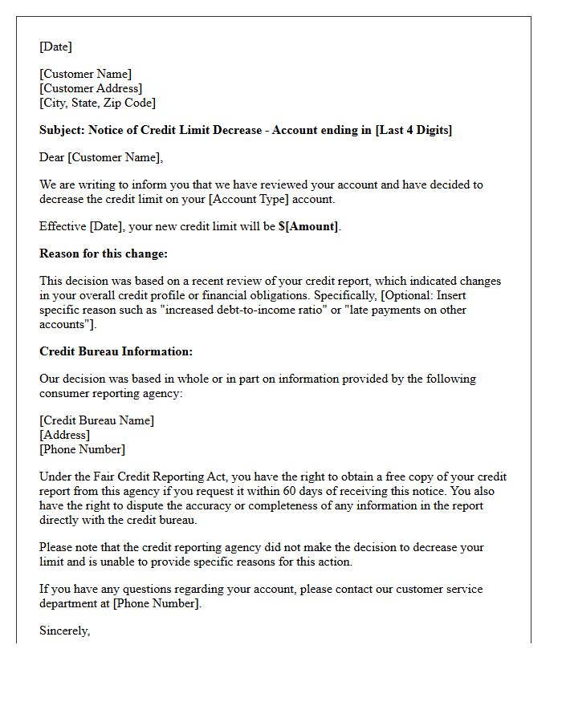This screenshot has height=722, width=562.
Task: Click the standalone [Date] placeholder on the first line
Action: pos(55,47)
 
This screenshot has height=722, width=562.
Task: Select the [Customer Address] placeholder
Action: pos(91,88)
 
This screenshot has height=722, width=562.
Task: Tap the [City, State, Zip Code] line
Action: pos(98,103)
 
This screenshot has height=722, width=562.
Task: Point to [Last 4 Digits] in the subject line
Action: pos(413,130)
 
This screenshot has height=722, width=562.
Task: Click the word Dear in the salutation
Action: pos(52,157)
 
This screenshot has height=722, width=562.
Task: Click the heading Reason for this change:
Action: pos(103,254)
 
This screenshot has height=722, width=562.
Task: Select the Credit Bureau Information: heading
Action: pos(116,351)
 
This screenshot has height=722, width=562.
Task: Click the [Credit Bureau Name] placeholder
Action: pos(96,420)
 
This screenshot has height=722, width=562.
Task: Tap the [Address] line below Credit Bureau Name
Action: pos(65,435)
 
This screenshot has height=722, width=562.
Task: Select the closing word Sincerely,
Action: pos(64,631)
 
